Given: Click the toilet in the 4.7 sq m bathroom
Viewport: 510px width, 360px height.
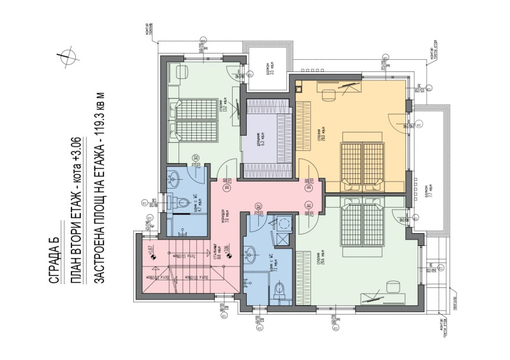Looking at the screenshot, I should pos(184,204).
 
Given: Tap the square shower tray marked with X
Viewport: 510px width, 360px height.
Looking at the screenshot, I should pos(281,239).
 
